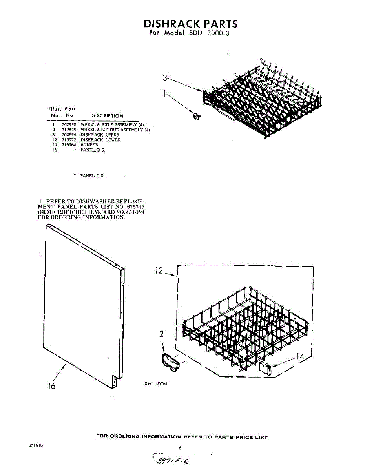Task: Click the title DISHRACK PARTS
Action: (190, 24)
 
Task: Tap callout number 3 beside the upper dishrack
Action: (165, 78)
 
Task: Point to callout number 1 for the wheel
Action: (165, 93)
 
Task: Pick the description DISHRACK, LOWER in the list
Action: (101, 140)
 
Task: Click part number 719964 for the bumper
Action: (68, 145)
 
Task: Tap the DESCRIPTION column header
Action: (107, 116)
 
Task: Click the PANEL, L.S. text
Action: (93, 176)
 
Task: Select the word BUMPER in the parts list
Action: (89, 145)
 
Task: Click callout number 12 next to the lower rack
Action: (159, 270)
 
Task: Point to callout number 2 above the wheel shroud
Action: (161, 334)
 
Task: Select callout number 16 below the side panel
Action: (51, 386)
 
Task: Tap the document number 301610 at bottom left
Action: (36, 446)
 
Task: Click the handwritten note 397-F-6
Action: (173, 461)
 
